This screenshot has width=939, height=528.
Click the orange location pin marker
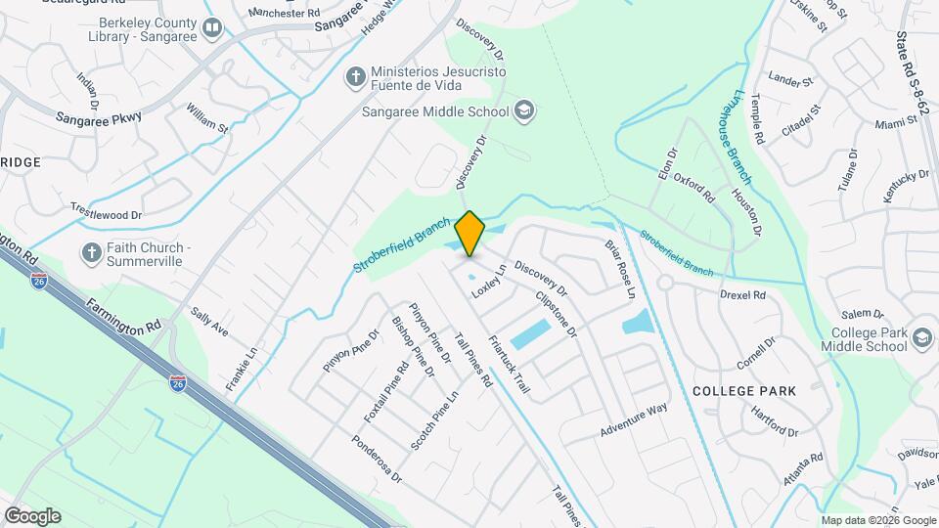click(470, 234)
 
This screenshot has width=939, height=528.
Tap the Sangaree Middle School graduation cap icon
click(524, 110)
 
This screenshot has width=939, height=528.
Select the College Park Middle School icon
click(921, 339)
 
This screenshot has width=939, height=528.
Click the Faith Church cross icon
click(92, 253)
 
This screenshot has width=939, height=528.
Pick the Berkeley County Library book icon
click(211, 28)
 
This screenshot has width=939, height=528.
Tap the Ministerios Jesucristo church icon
click(354, 75)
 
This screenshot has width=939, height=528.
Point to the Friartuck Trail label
click(509, 365)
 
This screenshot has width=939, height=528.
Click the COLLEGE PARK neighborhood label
click(743, 391)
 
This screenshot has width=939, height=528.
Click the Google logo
click(32, 515)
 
